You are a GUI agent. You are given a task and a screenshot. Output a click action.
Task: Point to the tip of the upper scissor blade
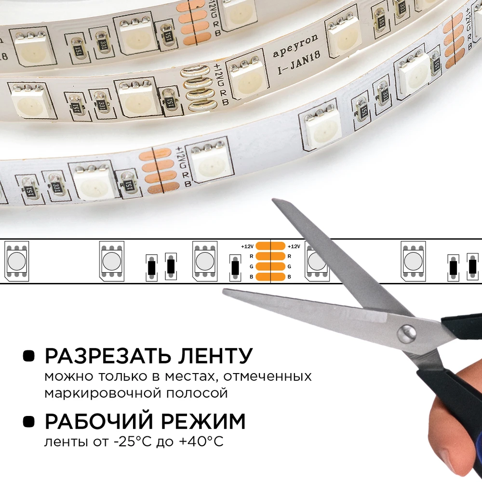(273, 200)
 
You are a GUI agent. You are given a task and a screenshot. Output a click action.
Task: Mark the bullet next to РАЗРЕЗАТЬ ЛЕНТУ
(28, 356)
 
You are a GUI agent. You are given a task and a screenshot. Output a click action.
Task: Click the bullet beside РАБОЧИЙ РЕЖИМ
(28, 421)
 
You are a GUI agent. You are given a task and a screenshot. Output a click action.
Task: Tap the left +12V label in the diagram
(247, 246)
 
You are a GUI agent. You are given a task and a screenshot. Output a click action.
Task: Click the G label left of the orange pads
(251, 267)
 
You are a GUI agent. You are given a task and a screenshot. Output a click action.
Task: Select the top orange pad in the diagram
(270, 246)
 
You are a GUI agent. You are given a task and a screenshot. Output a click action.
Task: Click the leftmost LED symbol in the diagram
(16, 261)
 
